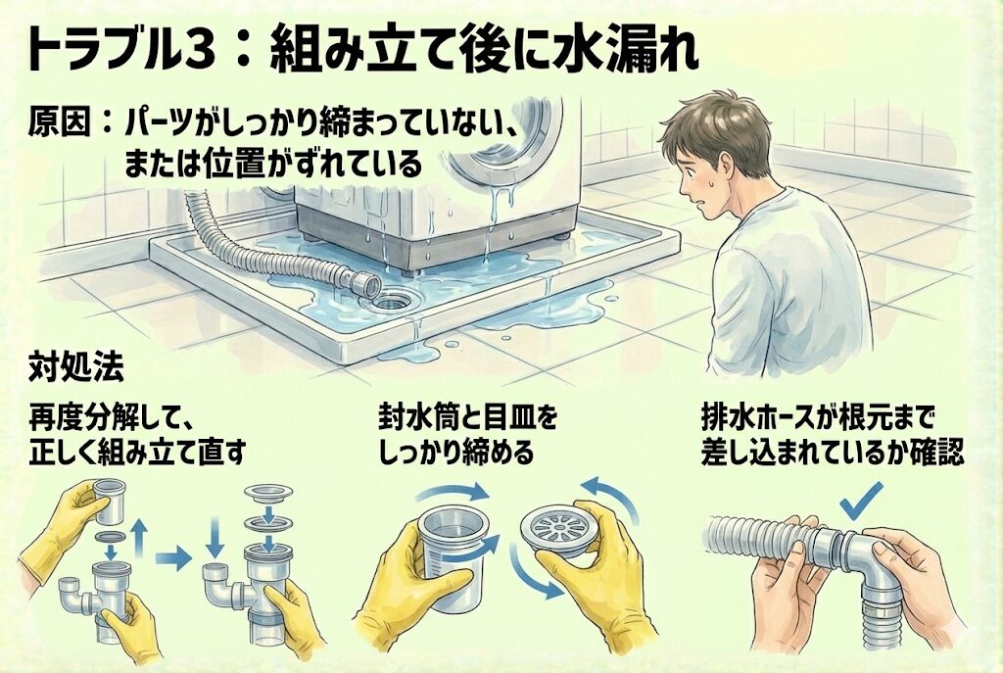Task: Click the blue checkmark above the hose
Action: point(860,501)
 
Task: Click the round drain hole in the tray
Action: point(393,300)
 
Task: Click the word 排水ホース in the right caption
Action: point(758,419)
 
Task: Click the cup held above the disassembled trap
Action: point(110,499)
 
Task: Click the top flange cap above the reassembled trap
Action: point(269,492)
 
